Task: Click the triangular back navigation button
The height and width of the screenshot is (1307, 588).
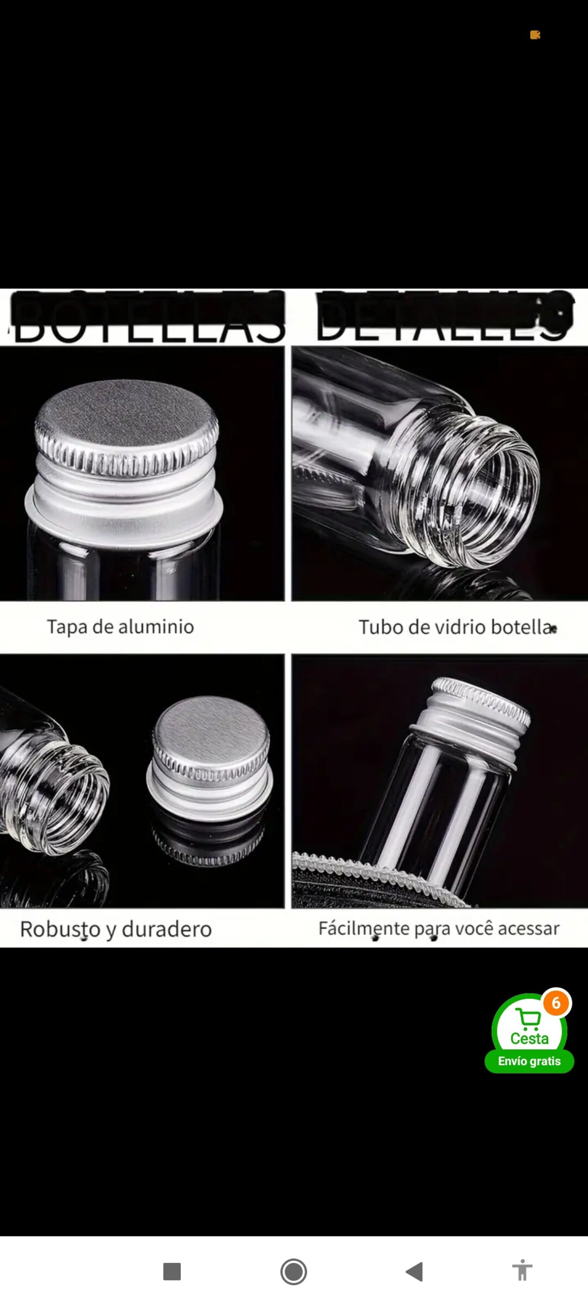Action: click(x=415, y=1271)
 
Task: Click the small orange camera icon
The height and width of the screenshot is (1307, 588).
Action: click(x=535, y=35)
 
